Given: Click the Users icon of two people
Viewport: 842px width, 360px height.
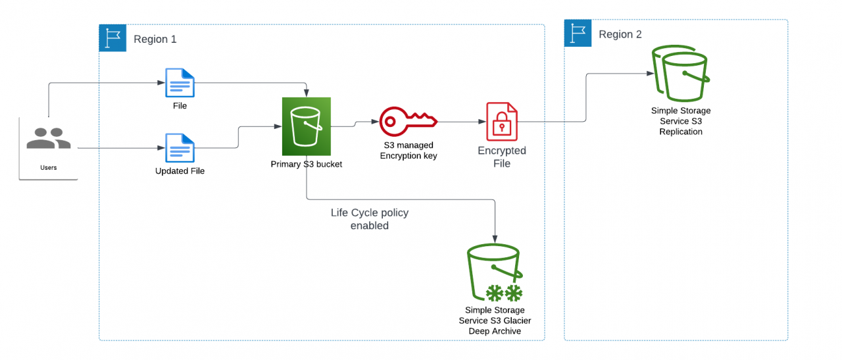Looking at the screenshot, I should tap(48, 138).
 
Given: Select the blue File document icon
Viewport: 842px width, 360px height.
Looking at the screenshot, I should tap(180, 84).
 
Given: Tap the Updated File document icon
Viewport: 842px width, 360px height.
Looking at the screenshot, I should tap(180, 147).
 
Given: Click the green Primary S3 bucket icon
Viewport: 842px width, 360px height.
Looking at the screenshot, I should tap(306, 126).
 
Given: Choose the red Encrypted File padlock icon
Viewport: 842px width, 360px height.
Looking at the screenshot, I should tap(501, 122).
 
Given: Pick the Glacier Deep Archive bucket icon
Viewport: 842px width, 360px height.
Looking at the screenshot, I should tap(495, 273).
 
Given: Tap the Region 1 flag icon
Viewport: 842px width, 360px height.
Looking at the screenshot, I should tap(112, 38).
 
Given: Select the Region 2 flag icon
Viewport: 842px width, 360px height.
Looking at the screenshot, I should tap(578, 34).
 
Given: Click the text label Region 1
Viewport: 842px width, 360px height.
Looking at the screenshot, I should tap(155, 39).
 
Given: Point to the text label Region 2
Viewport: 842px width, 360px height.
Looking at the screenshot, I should tap(620, 34).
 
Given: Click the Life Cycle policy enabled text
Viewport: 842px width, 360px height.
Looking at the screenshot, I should tap(369, 219).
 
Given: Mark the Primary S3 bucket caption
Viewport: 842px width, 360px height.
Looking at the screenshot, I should tap(306, 164).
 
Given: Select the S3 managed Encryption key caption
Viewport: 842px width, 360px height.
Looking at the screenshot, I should tap(408, 150).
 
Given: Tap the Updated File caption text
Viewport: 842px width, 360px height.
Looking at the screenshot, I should tap(180, 171).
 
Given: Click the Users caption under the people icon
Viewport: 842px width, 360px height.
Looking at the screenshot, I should tap(48, 168).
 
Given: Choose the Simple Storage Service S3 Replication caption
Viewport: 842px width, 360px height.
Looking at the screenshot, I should tap(680, 121).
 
